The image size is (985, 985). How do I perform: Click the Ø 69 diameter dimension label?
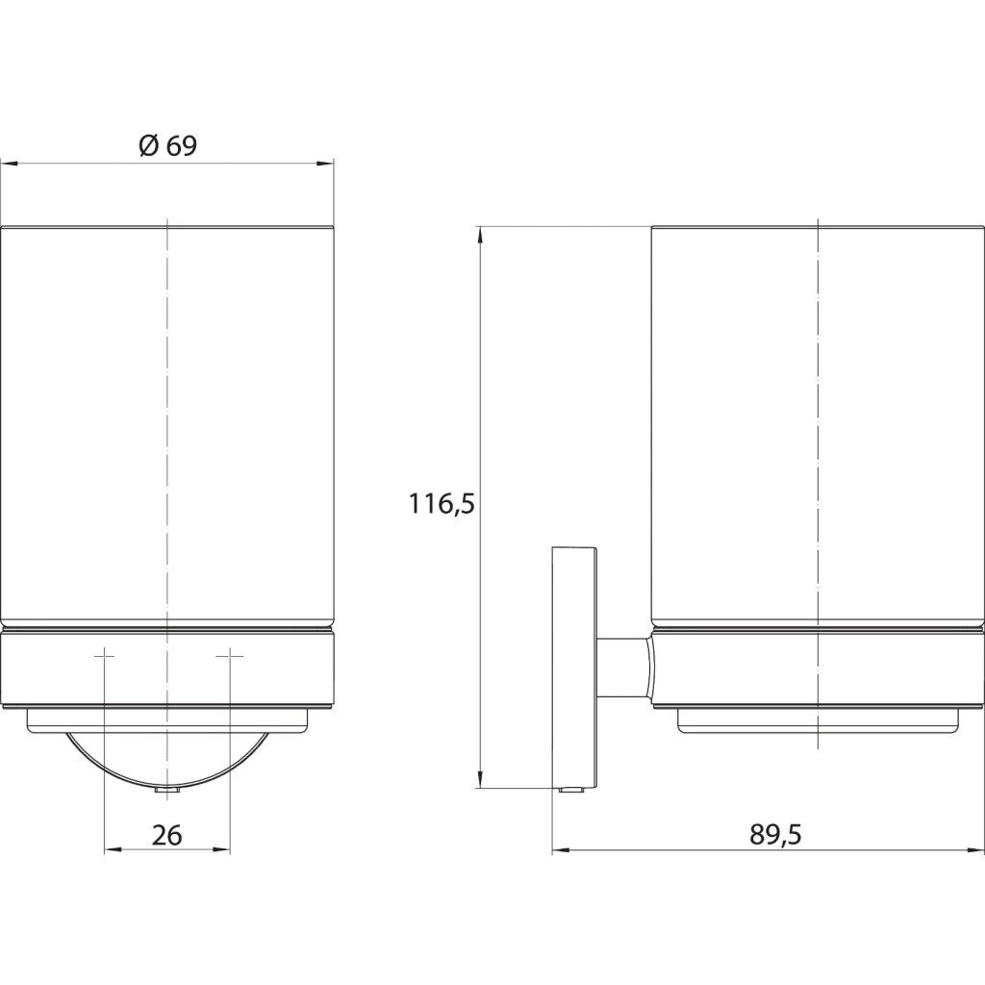pos(167,146)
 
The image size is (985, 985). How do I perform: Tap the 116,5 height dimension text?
pos(442,504)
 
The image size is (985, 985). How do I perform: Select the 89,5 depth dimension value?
pos(775,835)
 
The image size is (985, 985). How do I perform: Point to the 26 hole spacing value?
pos(167,835)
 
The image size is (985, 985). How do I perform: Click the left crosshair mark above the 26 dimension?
pos(104,656)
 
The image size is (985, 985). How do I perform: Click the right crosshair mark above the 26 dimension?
pos(230,656)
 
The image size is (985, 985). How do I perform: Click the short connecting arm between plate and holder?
pos(623,668)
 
